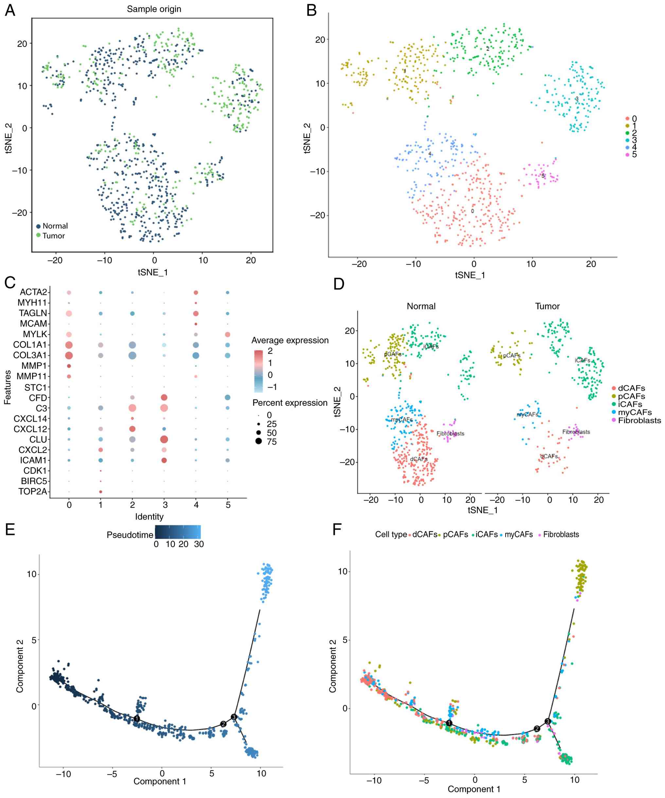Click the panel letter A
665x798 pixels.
coord(10,10)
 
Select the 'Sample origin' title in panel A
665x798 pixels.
coord(154,9)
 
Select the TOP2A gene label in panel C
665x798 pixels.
coord(33,491)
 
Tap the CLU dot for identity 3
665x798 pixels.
coord(164,439)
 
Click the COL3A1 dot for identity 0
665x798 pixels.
coord(69,355)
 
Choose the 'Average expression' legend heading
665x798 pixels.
coord(290,340)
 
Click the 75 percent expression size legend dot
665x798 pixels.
coord(259,442)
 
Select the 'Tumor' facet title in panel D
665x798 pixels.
coord(547,306)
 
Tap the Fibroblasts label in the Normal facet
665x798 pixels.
coord(450,434)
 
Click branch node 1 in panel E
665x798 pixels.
coord(137,718)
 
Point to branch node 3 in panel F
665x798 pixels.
coord(548,721)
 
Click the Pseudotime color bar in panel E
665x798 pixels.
coord(177,532)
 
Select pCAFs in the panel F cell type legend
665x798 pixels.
coord(455,534)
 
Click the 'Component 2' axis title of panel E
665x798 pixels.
coord(20,666)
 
